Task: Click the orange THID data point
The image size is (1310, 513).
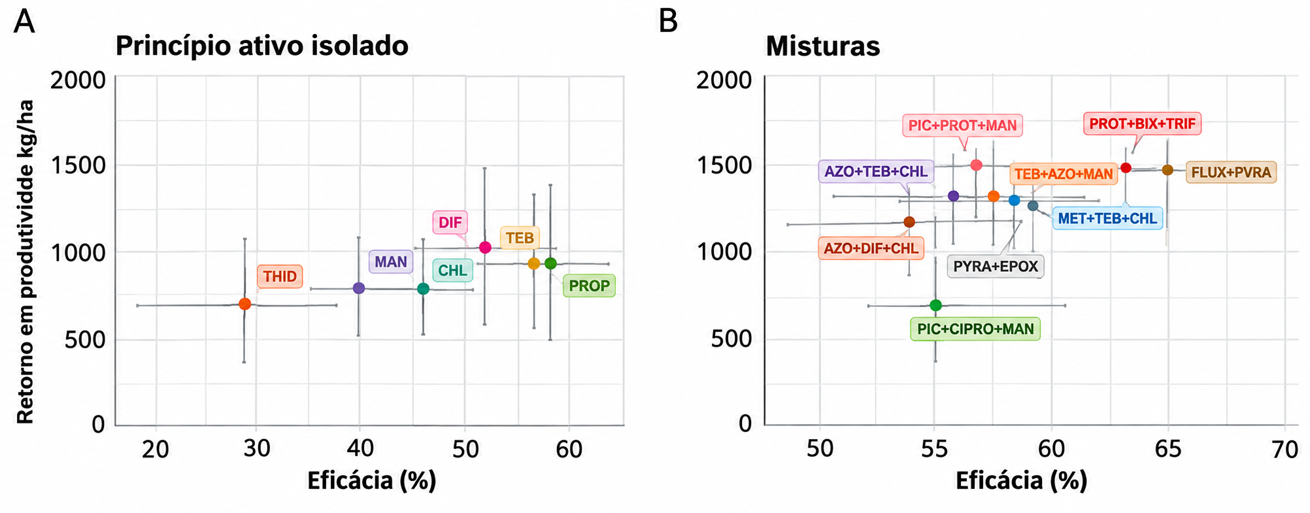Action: (x=245, y=304)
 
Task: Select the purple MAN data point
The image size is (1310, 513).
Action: (x=359, y=288)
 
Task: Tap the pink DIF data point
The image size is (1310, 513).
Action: (x=485, y=247)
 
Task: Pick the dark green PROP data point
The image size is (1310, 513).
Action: (x=550, y=263)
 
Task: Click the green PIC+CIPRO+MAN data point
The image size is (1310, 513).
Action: (x=935, y=305)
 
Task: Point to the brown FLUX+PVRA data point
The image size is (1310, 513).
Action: (x=1167, y=170)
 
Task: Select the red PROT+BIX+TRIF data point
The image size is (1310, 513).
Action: (x=1126, y=168)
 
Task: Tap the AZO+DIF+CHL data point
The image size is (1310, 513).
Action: (x=909, y=222)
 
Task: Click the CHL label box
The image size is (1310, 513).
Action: (x=452, y=271)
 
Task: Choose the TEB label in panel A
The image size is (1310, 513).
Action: (x=520, y=238)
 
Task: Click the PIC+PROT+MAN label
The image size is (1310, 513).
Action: (x=963, y=125)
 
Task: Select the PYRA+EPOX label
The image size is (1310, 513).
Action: (x=996, y=267)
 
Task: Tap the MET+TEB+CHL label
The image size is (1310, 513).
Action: (x=1107, y=218)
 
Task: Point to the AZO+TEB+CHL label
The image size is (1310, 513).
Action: (x=876, y=171)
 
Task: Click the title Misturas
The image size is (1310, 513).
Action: (x=823, y=46)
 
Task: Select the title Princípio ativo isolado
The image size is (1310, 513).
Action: (x=262, y=46)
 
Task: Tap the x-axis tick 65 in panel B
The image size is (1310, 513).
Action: (x=1168, y=449)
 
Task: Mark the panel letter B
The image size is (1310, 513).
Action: (x=668, y=22)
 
